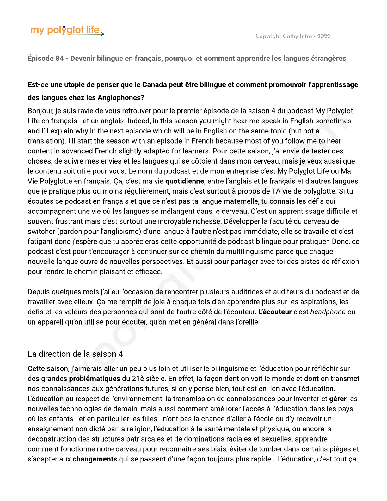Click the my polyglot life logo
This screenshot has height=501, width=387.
tap(67, 30)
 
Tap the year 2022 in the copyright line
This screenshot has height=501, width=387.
tap(324, 36)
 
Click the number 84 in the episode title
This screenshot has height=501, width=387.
tap(59, 59)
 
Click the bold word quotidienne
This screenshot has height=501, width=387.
tap(185, 181)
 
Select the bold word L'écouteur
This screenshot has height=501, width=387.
tap(275, 312)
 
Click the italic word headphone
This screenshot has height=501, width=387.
tap(328, 312)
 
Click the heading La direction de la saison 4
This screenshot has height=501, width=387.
tap(75, 354)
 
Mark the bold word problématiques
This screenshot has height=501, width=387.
tap(95, 379)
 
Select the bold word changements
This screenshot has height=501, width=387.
tap(95, 459)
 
